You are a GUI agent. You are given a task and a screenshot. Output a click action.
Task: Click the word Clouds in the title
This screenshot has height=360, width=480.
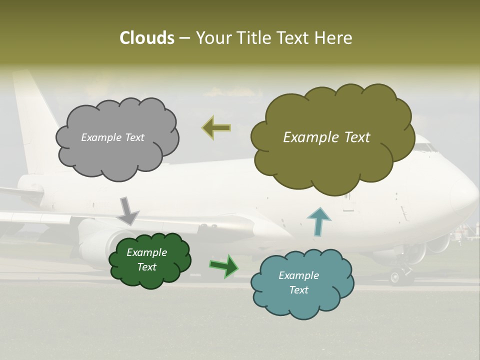click(x=146, y=38)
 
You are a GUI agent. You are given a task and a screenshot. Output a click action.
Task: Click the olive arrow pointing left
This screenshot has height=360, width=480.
click(x=216, y=128)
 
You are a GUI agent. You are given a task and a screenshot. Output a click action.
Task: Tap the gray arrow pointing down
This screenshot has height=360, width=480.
click(x=127, y=210)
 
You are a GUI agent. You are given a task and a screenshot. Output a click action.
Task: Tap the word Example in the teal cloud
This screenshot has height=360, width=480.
click(x=298, y=275)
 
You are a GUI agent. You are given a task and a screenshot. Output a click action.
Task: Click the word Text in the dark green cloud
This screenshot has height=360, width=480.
click(x=147, y=267)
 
